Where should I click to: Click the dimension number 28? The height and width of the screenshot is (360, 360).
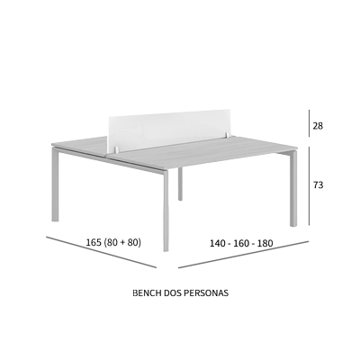pyautogui.click(x=318, y=126)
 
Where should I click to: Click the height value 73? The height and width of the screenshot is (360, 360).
pyautogui.click(x=319, y=185)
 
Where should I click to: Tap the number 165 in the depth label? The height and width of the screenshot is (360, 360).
pyautogui.click(x=94, y=242)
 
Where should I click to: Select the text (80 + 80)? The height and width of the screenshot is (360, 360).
pyautogui.click(x=122, y=242)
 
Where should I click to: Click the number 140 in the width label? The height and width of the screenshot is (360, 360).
pyautogui.click(x=217, y=243)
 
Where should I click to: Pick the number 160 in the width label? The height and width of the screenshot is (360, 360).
pyautogui.click(x=241, y=243)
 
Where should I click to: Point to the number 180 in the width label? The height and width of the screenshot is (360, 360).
pyautogui.click(x=265, y=243)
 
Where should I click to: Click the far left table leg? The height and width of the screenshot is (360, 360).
pyautogui.click(x=55, y=185)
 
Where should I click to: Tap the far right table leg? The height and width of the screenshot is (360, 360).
pyautogui.click(x=293, y=188)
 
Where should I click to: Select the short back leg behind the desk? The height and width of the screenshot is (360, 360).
pyautogui.click(x=180, y=184)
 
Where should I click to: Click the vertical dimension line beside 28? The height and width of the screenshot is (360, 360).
pyautogui.click(x=310, y=123)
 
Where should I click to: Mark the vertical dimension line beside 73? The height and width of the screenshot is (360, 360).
pyautogui.click(x=310, y=185)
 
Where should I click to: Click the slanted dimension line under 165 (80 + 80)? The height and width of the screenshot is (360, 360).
pyautogui.click(x=102, y=252)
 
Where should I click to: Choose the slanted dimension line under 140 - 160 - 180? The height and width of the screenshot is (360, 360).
pyautogui.click(x=244, y=254)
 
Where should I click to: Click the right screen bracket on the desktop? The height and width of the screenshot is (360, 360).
pyautogui.click(x=229, y=135)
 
